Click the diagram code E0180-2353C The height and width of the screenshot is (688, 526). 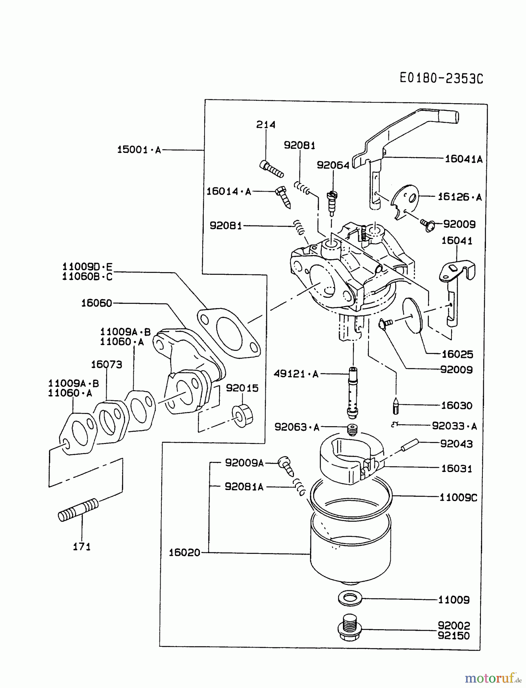[441, 78]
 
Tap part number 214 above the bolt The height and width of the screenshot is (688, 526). [266, 125]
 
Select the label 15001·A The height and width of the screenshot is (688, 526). [139, 150]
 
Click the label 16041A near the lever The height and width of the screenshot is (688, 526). [463, 159]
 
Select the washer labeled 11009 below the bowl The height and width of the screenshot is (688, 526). [350, 599]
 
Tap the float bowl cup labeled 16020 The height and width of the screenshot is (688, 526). [350, 550]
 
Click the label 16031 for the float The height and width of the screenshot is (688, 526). [456, 468]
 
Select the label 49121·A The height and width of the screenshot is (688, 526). [296, 374]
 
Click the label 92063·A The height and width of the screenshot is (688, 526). [297, 427]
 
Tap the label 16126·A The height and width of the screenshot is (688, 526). [459, 197]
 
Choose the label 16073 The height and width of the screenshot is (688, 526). [106, 364]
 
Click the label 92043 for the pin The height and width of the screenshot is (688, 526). [456, 444]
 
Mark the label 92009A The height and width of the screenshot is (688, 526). [244, 463]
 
